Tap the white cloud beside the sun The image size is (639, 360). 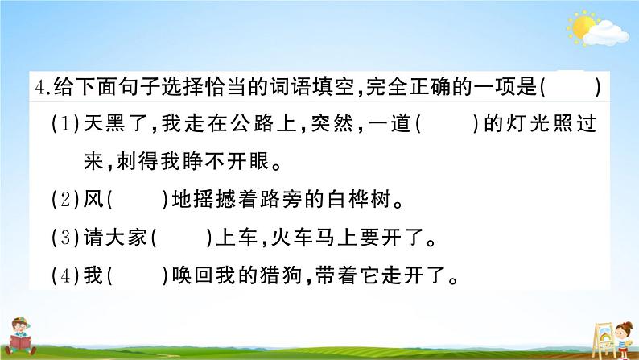click(x=606, y=34)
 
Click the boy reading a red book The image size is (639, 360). click(x=19, y=337)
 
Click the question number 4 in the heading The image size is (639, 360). click(x=40, y=87)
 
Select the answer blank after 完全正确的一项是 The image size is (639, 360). click(x=571, y=87)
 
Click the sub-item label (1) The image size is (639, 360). click(x=65, y=123)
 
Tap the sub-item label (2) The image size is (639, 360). click(x=65, y=200)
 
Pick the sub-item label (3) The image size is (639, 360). click(x=65, y=238)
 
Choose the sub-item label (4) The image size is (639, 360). click(x=65, y=276)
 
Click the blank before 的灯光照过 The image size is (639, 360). click(x=447, y=123)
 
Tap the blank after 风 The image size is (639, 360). click(x=137, y=200)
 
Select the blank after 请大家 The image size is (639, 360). click(x=181, y=238)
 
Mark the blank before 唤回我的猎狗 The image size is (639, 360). click(x=137, y=276)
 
